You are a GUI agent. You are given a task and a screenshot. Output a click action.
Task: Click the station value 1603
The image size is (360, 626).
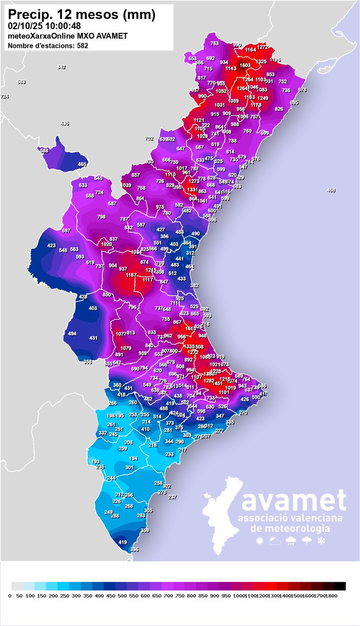pos(245,65)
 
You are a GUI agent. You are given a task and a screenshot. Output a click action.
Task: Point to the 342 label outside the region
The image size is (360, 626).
pos(62,67)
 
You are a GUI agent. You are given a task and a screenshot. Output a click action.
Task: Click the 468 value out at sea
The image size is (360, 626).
pos(331,190)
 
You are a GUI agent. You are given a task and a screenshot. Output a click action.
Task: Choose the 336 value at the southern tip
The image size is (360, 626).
pos(135,550)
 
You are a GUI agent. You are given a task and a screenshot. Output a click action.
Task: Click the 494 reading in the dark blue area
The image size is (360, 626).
pos(72,334)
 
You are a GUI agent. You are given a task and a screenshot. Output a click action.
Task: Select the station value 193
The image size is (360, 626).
pos(95,462)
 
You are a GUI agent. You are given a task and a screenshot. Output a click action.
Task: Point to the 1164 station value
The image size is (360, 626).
pos(250,50)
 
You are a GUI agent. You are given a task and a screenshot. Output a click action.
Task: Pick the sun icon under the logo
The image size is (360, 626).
pos(260,541)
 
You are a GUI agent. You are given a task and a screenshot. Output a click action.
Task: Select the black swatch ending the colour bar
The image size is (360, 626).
pos(340,585)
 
